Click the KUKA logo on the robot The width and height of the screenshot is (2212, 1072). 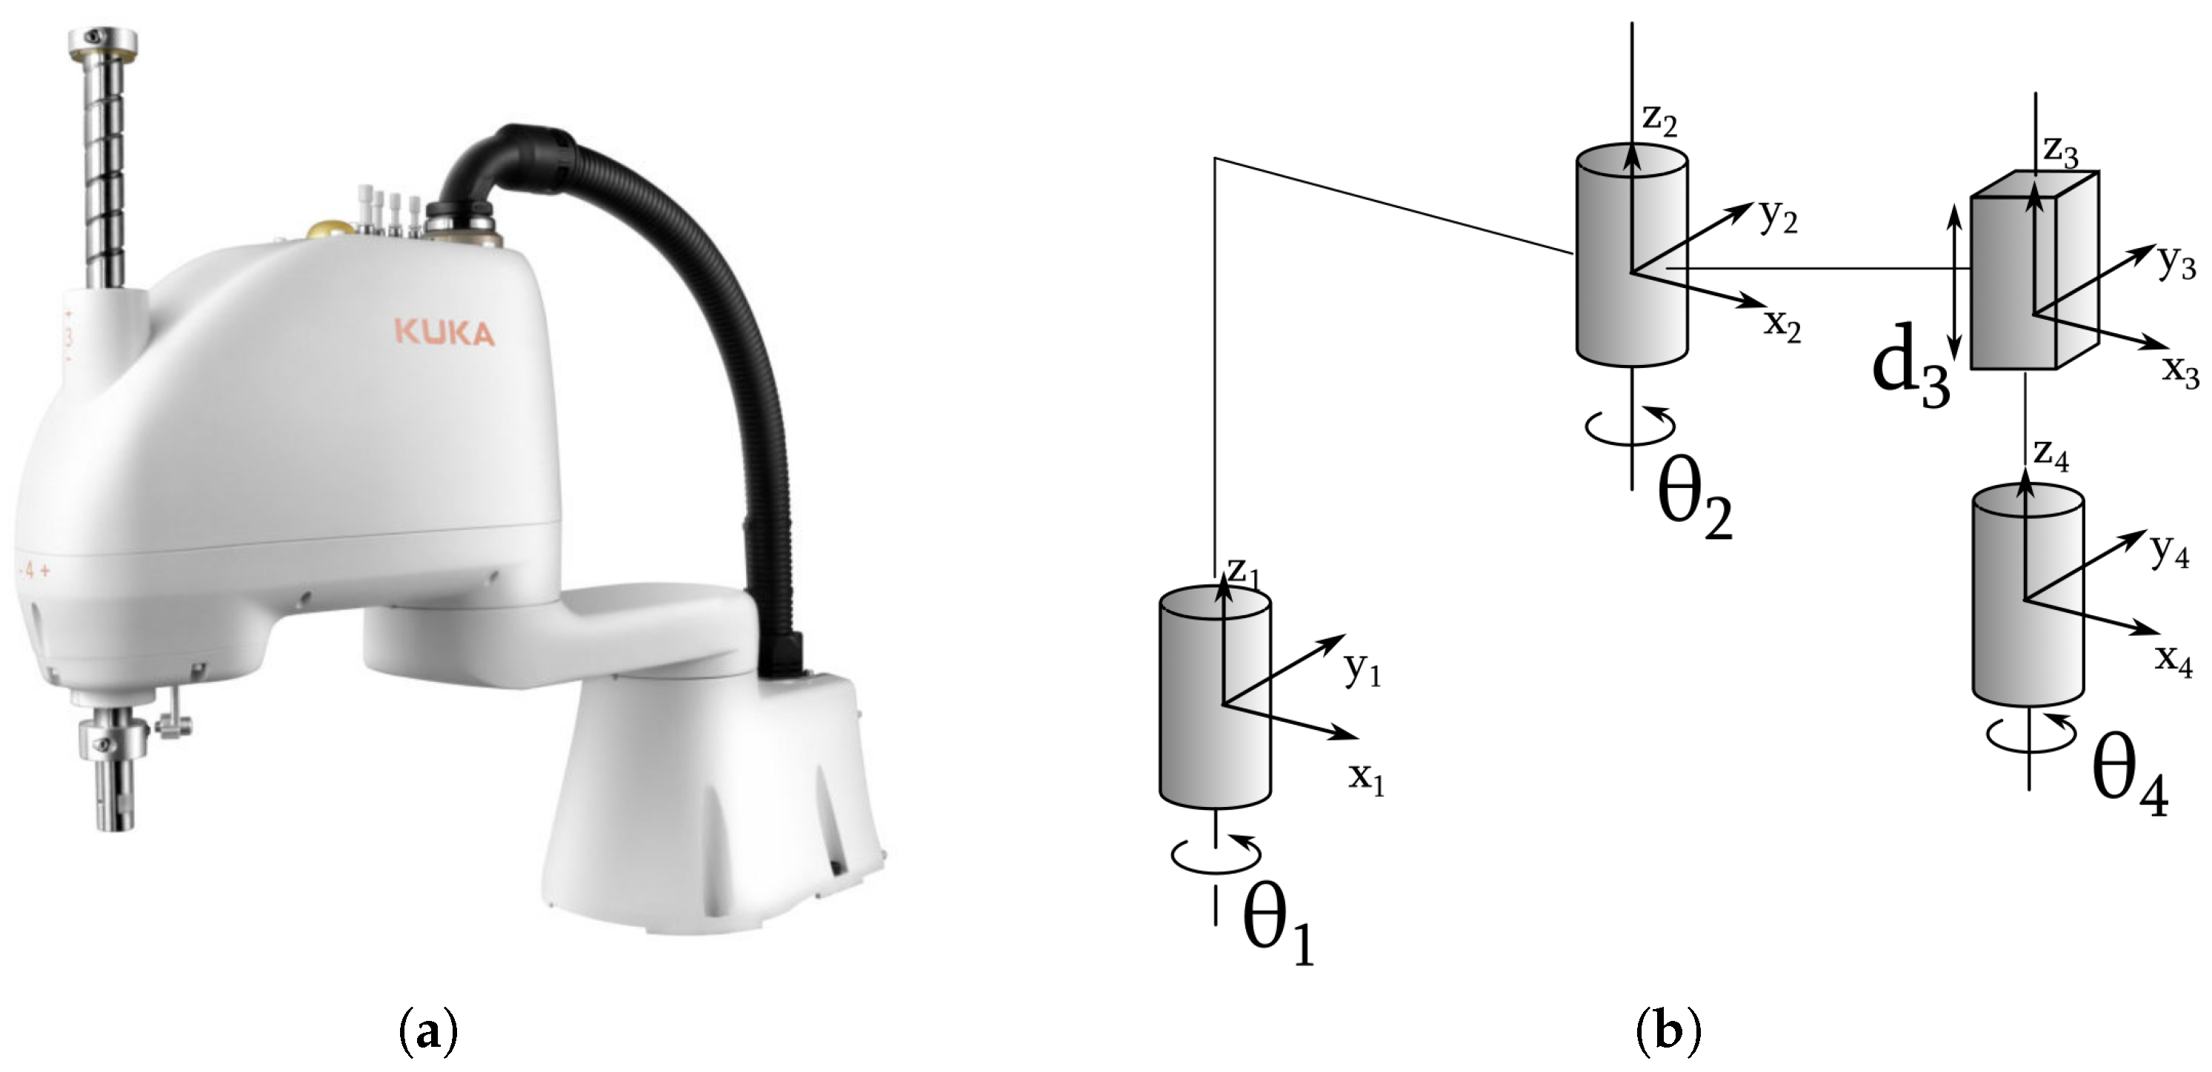[x=444, y=332]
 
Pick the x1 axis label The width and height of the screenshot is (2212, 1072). [x=1366, y=780]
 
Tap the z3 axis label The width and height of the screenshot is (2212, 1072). [x=2062, y=153]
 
